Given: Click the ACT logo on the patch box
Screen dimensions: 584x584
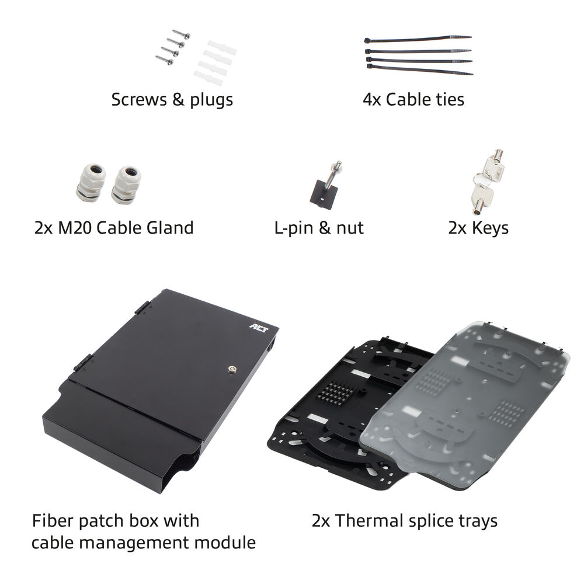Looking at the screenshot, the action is [259, 328].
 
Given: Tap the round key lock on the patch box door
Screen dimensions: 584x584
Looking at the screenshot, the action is [232, 369].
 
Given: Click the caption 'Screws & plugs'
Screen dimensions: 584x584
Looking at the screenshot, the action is [172, 100].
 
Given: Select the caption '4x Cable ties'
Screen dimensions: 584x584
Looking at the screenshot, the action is [413, 99].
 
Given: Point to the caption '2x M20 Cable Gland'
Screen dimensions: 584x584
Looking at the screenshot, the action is [114, 228].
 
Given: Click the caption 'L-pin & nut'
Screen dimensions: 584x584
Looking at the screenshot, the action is [319, 228].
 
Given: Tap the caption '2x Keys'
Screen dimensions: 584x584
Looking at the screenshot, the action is [478, 228].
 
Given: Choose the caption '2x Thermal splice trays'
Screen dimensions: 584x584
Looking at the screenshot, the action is [405, 521].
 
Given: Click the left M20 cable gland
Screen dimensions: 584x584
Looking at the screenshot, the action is [91, 182].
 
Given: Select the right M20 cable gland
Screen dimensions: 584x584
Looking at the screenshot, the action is [126, 185].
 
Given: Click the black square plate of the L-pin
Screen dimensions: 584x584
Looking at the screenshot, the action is [324, 194].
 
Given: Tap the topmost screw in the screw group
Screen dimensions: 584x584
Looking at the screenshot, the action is [182, 34].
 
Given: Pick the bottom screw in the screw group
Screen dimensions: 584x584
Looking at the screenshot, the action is [164, 60].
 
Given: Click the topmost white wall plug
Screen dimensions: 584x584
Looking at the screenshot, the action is [222, 47].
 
